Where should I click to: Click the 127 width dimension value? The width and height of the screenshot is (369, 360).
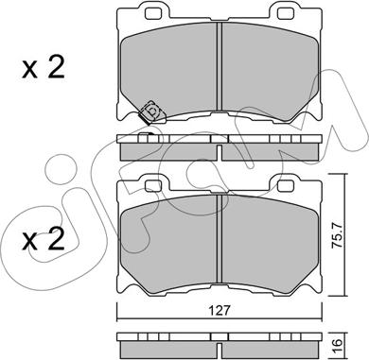tap(220, 311)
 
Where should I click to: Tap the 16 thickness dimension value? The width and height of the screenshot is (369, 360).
tap(338, 346)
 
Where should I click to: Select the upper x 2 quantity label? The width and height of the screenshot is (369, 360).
tap(44, 67)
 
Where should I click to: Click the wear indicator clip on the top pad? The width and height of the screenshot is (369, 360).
tap(151, 112)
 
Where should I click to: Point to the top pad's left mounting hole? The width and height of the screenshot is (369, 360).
tap(152, 12)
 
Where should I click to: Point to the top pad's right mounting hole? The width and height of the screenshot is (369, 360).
tap(286, 12)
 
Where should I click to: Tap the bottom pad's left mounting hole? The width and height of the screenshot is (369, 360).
tap(152, 186)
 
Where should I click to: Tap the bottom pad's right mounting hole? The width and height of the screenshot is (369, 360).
tap(286, 186)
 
